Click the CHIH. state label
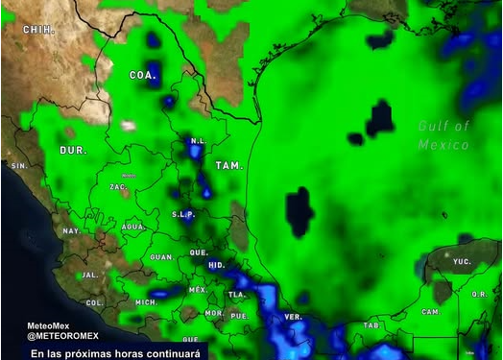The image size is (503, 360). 38,30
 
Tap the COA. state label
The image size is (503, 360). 143,74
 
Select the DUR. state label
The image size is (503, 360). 73,151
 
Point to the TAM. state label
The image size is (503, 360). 228,166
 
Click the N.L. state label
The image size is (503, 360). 199,141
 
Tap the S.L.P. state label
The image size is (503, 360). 183,215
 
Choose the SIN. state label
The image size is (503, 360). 19,166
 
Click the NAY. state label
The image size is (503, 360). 71,231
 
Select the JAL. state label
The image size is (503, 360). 90,275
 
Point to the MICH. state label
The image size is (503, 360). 146,302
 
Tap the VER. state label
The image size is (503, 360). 294,317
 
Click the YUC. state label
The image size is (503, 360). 463,260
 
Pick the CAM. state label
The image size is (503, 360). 431,312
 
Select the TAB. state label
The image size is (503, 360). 371,324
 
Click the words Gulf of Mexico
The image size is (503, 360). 444,135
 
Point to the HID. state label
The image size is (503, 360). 216,264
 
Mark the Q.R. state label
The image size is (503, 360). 479,295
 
